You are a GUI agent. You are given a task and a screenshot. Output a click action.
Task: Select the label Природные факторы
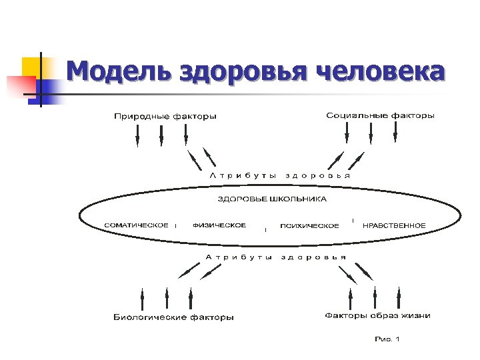point(165,117)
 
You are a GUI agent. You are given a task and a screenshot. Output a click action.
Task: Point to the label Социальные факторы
point(380,116)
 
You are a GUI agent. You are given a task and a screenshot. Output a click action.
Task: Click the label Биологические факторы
point(173,317)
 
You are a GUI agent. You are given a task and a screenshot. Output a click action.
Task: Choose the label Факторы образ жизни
point(377,316)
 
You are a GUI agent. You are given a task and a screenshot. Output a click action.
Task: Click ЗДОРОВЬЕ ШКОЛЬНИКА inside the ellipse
point(273,199)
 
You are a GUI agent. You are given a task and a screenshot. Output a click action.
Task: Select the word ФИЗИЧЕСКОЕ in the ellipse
point(219,225)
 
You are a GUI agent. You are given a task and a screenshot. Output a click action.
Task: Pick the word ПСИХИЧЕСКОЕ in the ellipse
point(309,226)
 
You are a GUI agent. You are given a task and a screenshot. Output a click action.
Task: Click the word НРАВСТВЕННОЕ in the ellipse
point(393,225)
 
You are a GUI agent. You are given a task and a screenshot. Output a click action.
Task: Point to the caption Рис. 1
point(387,339)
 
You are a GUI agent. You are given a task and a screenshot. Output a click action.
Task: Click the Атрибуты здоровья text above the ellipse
point(280,175)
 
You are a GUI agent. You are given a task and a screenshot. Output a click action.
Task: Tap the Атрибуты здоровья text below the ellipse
point(275,257)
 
